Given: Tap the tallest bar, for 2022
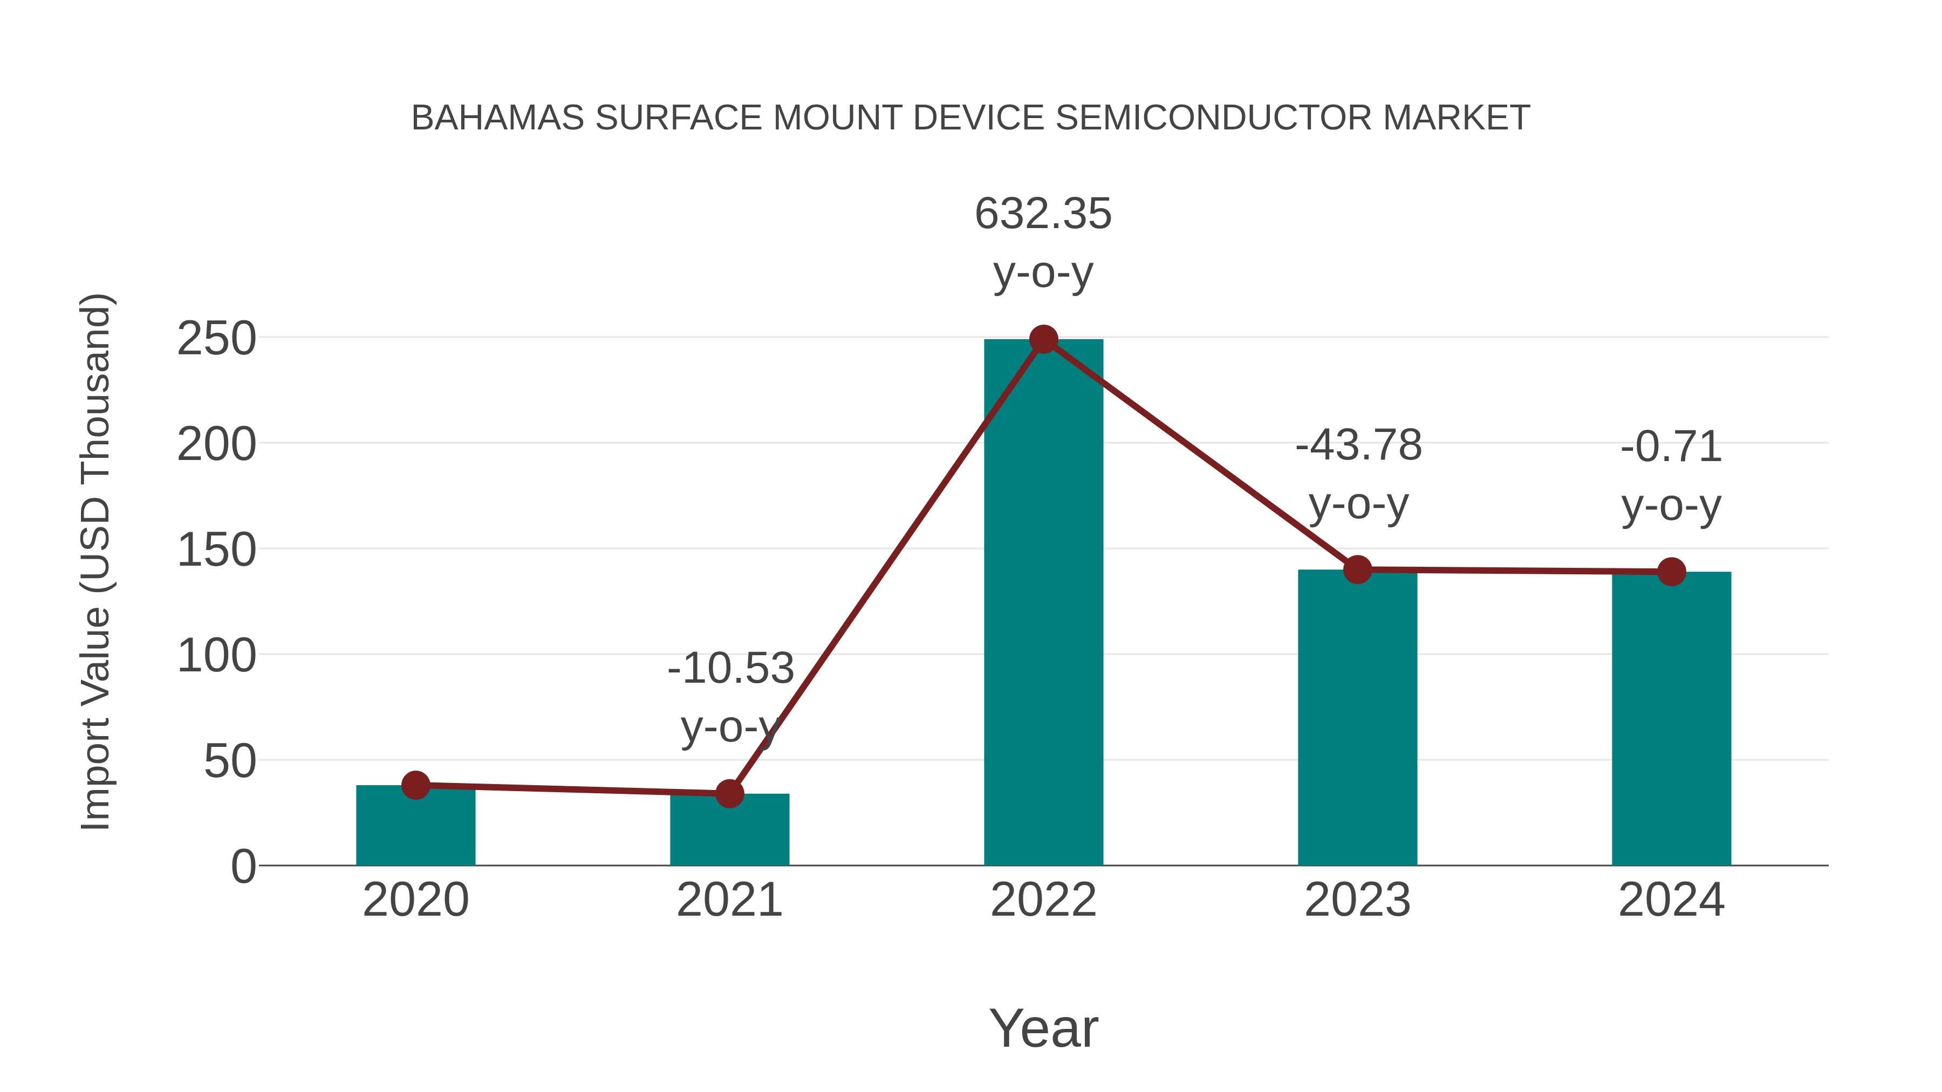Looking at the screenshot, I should click(x=1043, y=603).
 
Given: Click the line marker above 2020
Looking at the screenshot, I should click(x=415, y=785).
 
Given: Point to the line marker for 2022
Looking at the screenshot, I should click(x=1043, y=340).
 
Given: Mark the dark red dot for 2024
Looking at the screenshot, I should click(x=1671, y=572).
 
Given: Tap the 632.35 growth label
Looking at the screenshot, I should click(x=1043, y=214).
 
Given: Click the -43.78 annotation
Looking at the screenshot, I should click(x=1358, y=445).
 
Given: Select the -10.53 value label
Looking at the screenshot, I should click(x=730, y=669).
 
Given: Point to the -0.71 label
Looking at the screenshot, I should click(x=1671, y=447).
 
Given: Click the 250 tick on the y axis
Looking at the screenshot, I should click(x=216, y=339).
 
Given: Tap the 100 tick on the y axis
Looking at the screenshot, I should click(x=216, y=656).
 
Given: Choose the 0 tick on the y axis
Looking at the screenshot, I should click(x=243, y=867).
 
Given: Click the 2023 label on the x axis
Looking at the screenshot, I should click(x=1357, y=901).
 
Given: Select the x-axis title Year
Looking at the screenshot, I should click(x=1043, y=1029).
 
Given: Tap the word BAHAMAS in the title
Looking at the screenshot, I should click(x=497, y=118).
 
